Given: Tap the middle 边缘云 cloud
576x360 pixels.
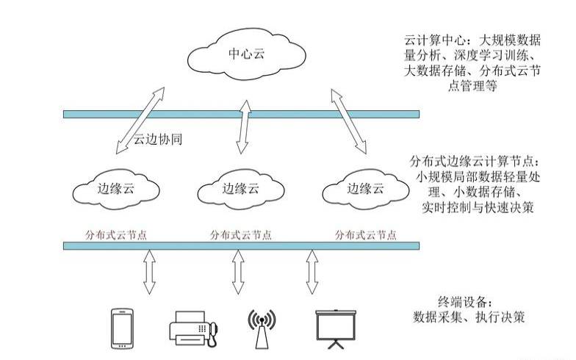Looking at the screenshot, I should pos(242,189).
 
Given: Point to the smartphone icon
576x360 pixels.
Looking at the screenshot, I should pos(121,328).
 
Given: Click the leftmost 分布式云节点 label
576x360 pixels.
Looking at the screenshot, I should pos(115,234).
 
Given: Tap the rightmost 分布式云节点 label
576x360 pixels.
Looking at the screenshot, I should pos(365,234).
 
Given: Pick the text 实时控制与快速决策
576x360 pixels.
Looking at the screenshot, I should pos(478,208).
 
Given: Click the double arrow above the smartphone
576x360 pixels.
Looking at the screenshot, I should pos(149,272).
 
